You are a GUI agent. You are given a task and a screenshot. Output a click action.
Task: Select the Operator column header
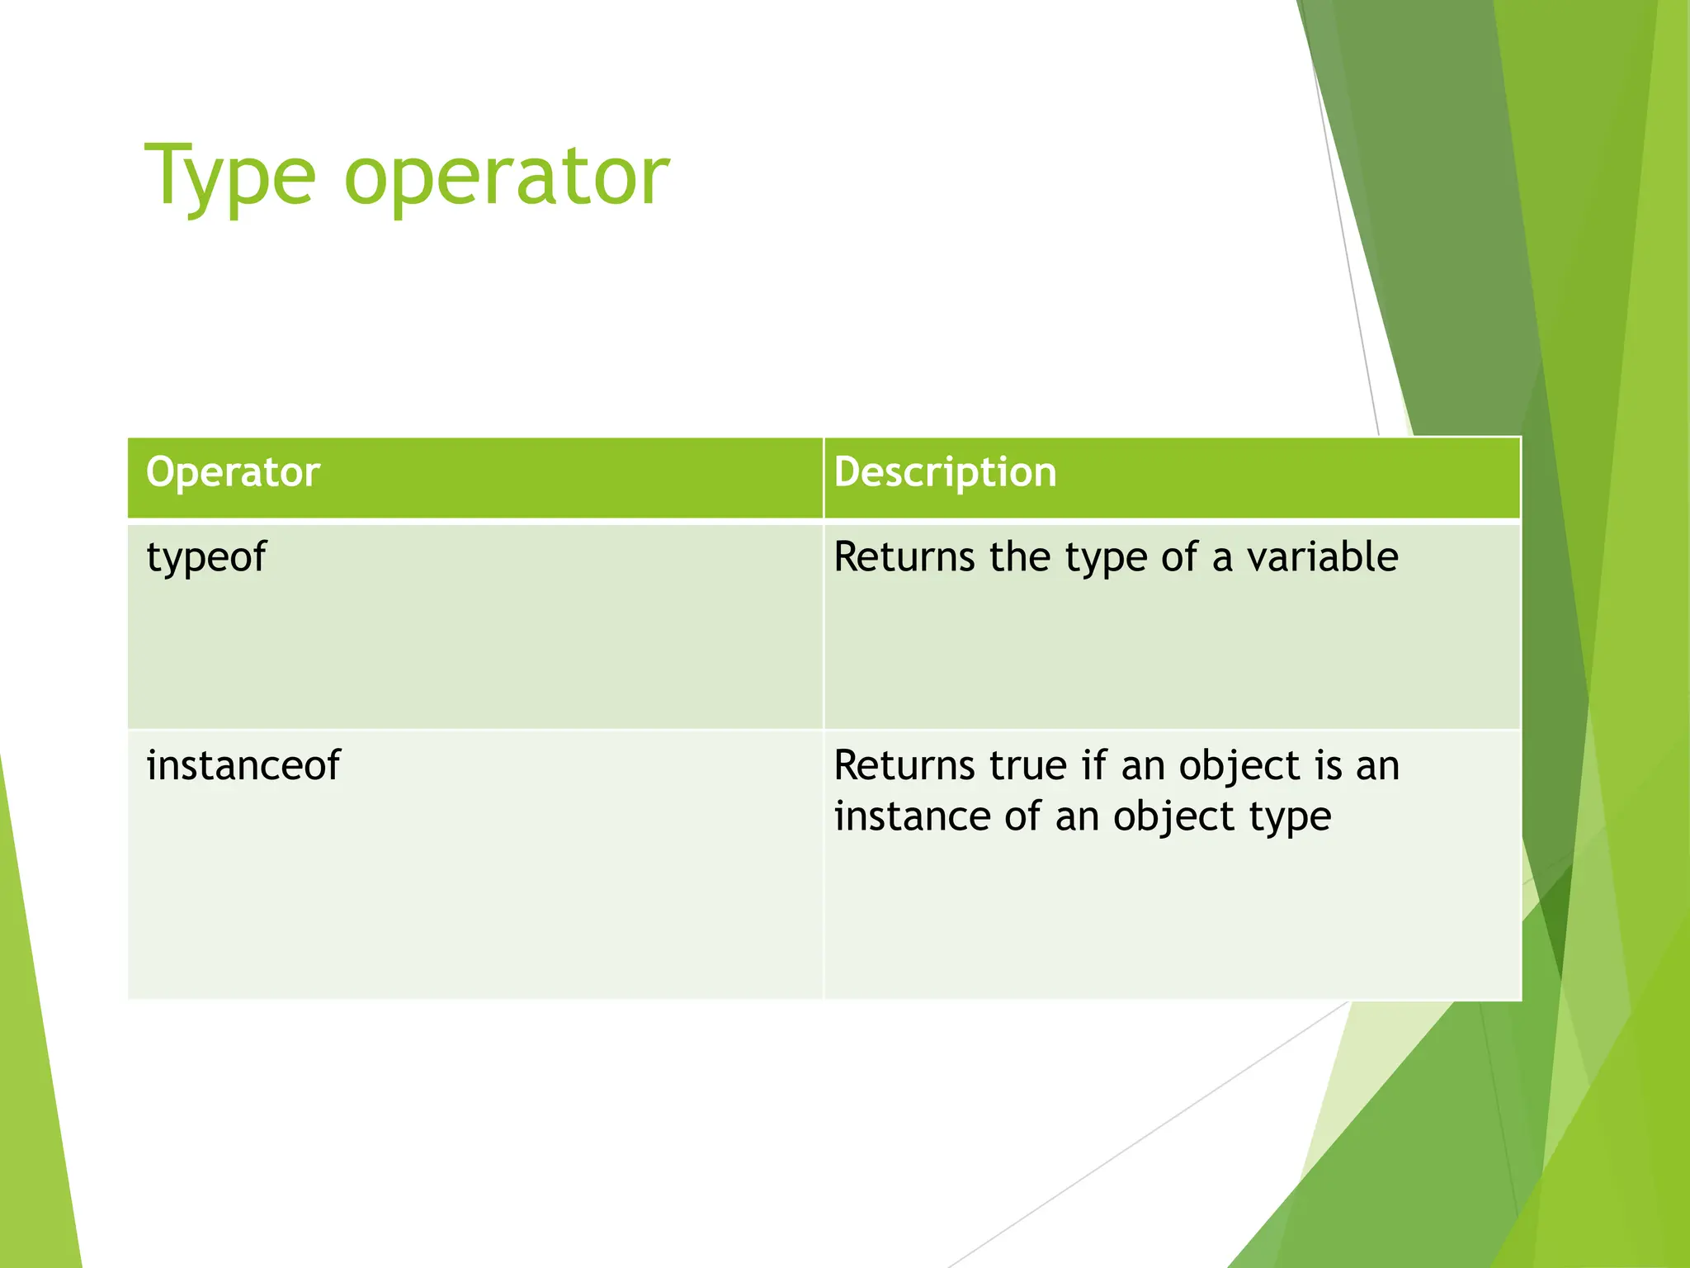[233, 473]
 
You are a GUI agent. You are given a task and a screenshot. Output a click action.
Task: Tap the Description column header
[945, 473]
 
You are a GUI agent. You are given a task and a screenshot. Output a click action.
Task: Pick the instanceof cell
[243, 765]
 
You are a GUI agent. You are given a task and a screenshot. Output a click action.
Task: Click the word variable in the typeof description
[1322, 557]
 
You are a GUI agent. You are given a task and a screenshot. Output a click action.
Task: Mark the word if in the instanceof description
[1094, 765]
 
